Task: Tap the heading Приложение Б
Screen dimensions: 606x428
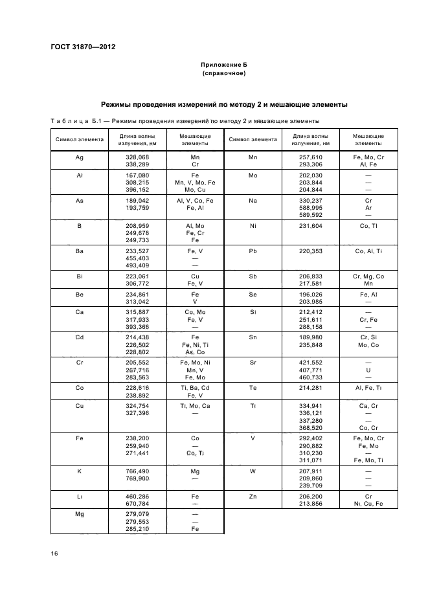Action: (x=223, y=66)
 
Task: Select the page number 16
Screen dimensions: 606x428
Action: (x=54, y=554)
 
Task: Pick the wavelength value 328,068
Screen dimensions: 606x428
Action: (x=137, y=157)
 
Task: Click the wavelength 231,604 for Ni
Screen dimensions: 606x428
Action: (x=310, y=226)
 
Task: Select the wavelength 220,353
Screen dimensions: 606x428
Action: (x=310, y=250)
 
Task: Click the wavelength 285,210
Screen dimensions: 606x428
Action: (x=137, y=528)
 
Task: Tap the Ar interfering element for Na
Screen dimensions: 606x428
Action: (x=368, y=208)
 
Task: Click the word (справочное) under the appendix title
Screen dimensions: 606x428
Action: (x=223, y=74)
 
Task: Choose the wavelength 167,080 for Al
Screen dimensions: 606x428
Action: (x=137, y=175)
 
